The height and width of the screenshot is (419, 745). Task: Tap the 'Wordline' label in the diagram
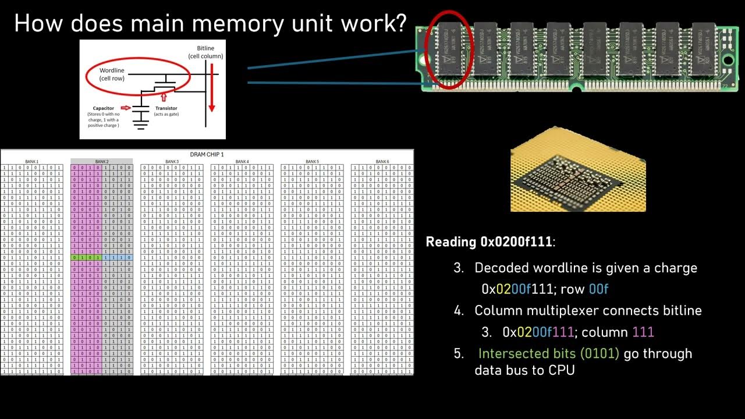tap(112, 74)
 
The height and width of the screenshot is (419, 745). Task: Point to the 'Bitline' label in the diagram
tap(205, 52)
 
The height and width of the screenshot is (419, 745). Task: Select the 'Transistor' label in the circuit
tap(166, 108)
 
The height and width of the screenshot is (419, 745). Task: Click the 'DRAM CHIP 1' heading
tap(207, 154)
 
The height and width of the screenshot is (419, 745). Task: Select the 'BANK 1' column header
tap(31, 162)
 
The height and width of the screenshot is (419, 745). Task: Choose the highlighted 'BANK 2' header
tap(102, 162)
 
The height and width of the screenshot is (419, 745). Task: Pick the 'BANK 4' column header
tap(242, 162)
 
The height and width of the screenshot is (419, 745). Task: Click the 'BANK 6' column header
tap(382, 162)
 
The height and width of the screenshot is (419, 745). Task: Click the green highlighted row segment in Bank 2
tap(86, 257)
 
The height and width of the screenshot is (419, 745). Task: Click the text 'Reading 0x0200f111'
tap(489, 242)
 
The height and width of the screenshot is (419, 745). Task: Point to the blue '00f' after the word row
tap(598, 289)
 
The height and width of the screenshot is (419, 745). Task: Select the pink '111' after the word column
tap(643, 332)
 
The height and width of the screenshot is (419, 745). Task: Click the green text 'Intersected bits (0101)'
tap(548, 354)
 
